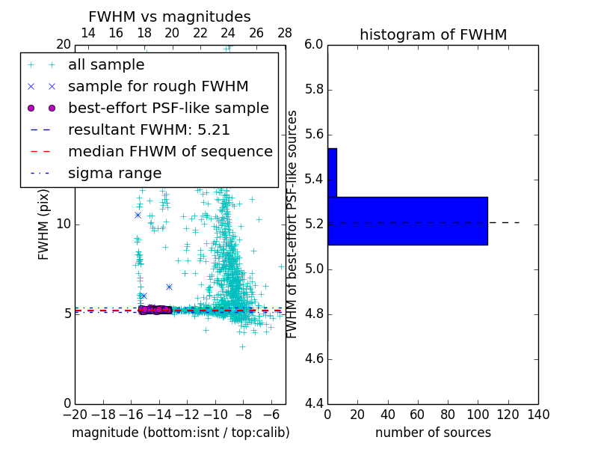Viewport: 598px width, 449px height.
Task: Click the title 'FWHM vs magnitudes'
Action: point(170,17)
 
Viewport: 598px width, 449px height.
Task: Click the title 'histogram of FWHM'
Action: point(433,34)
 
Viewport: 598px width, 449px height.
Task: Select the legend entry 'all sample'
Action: point(106,65)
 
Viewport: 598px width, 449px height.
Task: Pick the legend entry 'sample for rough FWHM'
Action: point(158,86)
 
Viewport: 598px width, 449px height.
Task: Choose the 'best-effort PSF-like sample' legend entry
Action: point(168,108)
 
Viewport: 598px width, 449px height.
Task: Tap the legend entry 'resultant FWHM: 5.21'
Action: point(149,129)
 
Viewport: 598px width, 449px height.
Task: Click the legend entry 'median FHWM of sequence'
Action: point(170,151)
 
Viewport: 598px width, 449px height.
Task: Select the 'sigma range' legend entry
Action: point(114,173)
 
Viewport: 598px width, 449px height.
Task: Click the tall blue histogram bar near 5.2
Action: point(407,221)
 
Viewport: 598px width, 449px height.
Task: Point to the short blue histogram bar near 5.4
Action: point(332,173)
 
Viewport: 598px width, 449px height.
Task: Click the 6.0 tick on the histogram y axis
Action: point(314,45)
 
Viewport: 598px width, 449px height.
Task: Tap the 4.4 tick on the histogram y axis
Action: point(314,404)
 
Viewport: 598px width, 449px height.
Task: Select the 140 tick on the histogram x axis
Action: point(538,415)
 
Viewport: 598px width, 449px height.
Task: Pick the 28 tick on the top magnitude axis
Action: point(285,33)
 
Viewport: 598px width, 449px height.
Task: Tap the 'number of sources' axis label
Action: point(433,433)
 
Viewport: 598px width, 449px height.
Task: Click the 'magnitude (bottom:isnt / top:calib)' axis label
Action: point(180,433)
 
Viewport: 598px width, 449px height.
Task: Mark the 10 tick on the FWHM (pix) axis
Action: point(63,224)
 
